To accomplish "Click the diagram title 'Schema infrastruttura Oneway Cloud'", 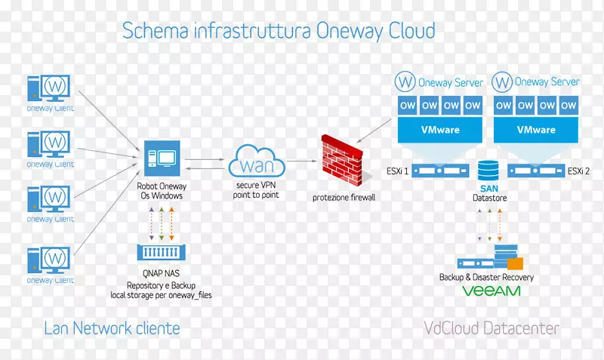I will (279, 30).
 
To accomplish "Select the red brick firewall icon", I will (344, 161).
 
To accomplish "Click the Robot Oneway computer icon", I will (160, 158).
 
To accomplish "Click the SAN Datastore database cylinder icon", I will (487, 169).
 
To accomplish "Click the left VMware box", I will (440, 129).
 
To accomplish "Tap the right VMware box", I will (536, 129).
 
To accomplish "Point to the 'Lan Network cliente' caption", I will (112, 328).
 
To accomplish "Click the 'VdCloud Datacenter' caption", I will (492, 328).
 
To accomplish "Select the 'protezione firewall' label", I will (344, 197).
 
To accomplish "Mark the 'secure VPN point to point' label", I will (256, 190).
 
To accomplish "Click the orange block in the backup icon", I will (514, 263).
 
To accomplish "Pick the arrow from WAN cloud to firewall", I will (300, 161).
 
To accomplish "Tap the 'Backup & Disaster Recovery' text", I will (486, 277).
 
